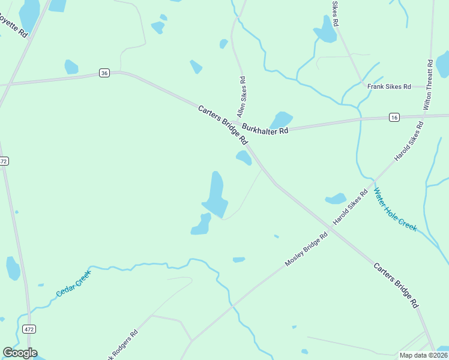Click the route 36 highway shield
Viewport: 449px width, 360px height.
[105, 73]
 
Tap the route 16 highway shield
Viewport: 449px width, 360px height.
[394, 116]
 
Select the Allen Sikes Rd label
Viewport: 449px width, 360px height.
[241, 96]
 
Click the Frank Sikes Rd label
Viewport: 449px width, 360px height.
[389, 86]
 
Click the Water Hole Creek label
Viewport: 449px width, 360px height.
[395, 210]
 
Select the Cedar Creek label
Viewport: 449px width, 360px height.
[73, 283]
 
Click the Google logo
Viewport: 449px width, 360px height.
[20, 353]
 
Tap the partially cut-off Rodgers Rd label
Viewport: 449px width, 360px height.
[123, 344]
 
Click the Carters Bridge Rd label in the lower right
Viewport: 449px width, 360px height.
[396, 285]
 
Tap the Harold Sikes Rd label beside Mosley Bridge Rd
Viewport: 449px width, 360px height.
[350, 208]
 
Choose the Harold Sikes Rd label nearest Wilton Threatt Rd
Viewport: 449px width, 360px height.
[409, 141]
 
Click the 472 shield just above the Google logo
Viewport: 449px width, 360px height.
[29, 329]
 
